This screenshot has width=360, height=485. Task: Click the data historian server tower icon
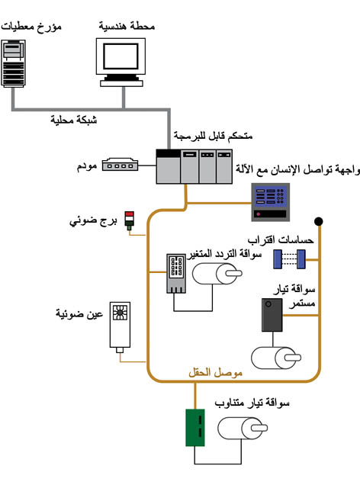point(13,63)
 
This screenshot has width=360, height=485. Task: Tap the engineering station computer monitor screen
point(121,56)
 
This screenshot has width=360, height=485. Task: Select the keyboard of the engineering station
point(121,83)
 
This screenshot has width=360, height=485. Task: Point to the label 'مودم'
point(87,166)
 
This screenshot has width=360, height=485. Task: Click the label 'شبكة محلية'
point(74,120)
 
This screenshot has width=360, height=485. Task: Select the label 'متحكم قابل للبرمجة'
point(213,136)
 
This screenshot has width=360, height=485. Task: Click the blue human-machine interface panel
point(270,202)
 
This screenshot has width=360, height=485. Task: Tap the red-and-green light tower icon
point(129,221)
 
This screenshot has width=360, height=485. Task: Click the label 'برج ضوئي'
point(93,221)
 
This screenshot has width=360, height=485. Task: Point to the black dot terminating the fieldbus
point(319,221)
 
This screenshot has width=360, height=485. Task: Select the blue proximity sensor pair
point(290,259)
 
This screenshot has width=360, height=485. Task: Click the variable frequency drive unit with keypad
point(177,274)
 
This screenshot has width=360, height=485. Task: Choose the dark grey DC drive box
point(272,315)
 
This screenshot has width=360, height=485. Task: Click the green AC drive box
point(195,428)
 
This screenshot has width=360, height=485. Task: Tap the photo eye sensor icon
point(120,327)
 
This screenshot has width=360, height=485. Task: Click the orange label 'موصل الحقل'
point(215,372)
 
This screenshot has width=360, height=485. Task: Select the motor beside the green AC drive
point(243,428)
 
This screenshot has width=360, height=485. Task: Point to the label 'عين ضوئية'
point(79,313)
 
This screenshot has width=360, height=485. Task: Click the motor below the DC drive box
point(276,358)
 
